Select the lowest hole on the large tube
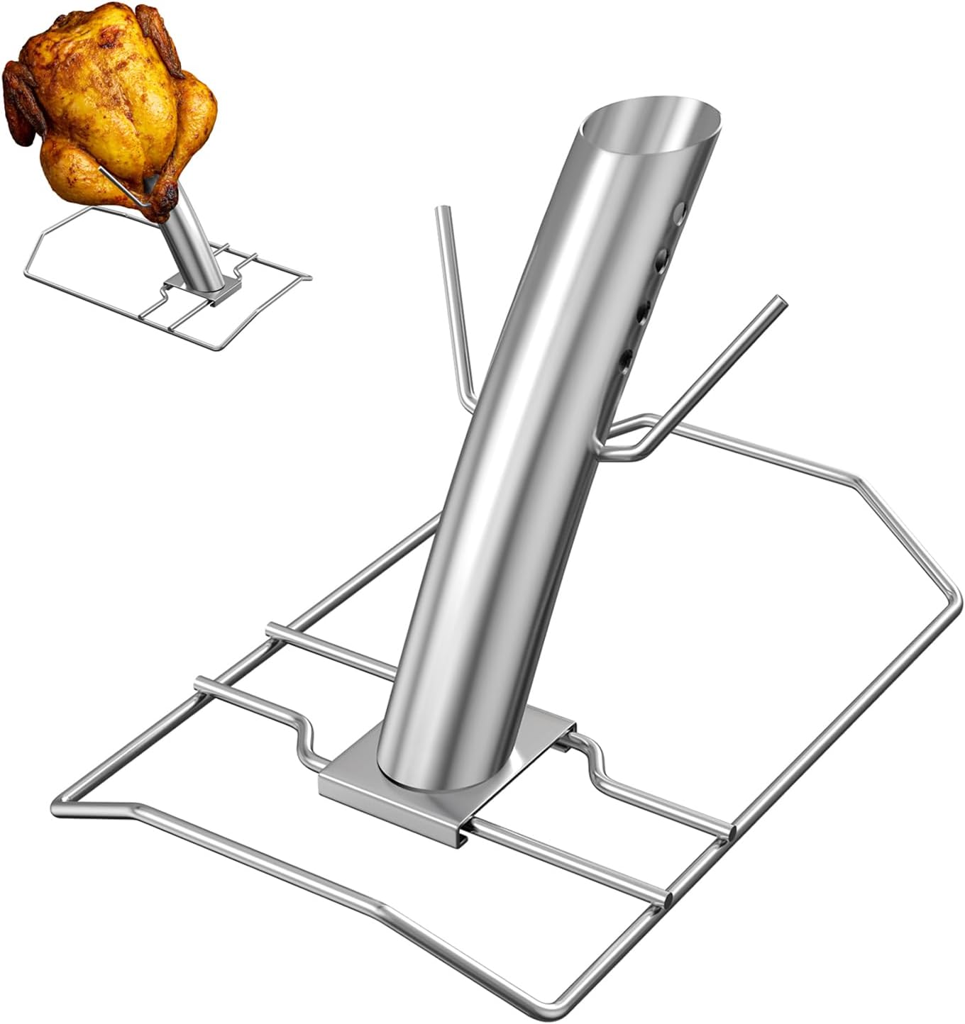pyautogui.click(x=626, y=361)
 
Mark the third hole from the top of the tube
pyautogui.click(x=644, y=310)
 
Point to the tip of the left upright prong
pyautogui.click(x=441, y=212)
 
